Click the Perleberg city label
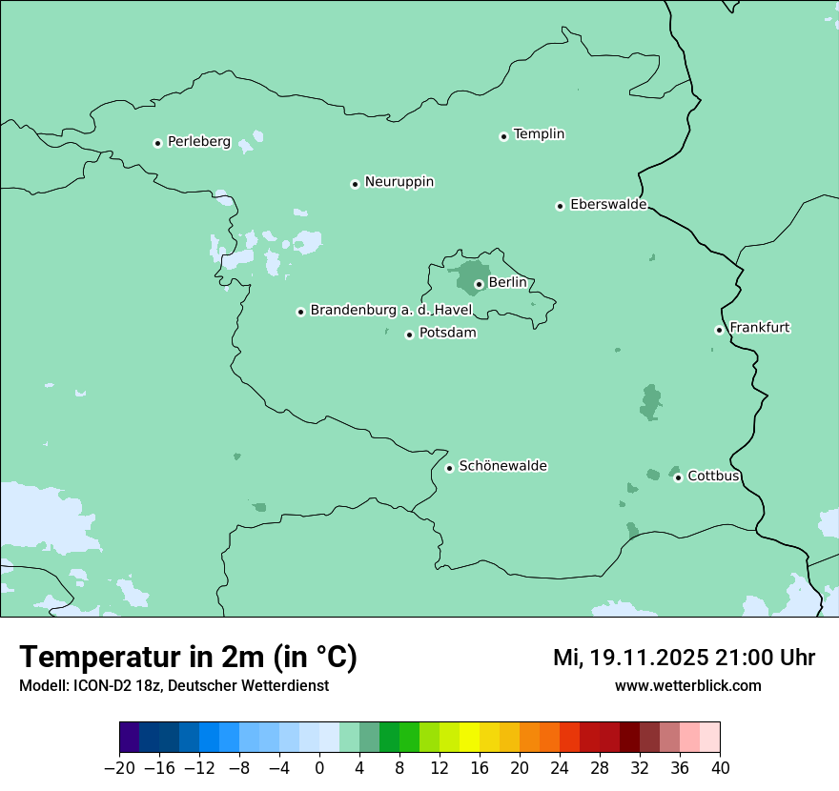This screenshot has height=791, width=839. click(198, 142)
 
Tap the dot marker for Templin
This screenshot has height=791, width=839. click(503, 136)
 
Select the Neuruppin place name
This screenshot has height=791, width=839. click(399, 182)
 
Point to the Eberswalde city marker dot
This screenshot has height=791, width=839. click(561, 206)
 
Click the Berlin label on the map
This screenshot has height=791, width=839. click(507, 283)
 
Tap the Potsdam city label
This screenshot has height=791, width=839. click(447, 334)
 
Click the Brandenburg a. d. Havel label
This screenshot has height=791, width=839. click(391, 311)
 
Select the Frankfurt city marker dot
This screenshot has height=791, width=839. click(720, 330)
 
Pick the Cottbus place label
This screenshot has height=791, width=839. click(713, 476)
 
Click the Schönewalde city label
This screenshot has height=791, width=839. click(502, 466)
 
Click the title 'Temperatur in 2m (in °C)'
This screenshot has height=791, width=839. click(188, 658)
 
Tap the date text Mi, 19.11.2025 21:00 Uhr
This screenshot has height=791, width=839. click(684, 658)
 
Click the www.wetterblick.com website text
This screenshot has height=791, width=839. click(687, 686)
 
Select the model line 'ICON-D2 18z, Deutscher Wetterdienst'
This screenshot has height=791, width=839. click(174, 686)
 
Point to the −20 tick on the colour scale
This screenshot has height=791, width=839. click(120, 768)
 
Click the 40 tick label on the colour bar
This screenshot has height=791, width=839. click(720, 768)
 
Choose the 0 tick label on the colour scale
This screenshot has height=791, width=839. click(319, 768)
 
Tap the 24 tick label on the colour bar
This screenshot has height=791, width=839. click(560, 768)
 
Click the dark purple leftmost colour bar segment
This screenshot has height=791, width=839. click(130, 738)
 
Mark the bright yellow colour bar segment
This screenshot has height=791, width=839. click(469, 738)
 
